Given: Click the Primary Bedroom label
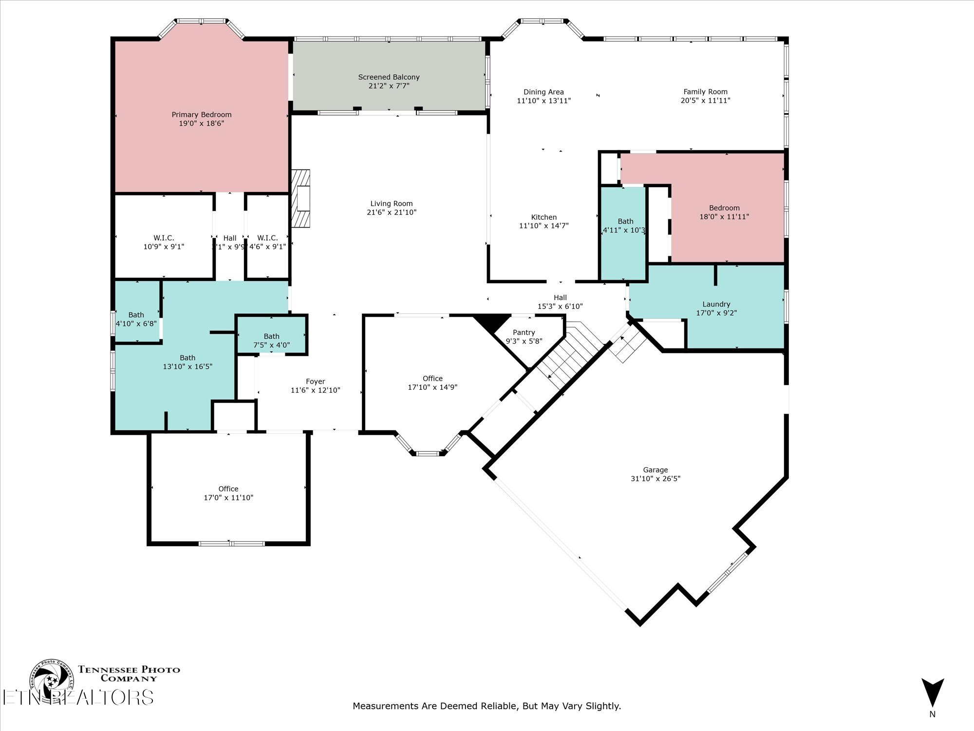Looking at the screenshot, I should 201,115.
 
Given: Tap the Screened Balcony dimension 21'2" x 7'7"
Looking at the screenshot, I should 389,86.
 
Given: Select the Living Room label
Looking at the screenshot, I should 391,204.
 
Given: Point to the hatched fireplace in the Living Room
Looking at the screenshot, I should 301,198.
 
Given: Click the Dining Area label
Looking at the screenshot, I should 543,92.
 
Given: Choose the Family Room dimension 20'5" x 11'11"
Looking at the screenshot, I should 705,100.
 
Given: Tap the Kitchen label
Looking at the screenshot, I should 543,217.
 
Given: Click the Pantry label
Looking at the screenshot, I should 524,332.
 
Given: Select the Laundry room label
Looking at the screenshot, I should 716,304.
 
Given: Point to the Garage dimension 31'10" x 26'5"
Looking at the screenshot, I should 655,479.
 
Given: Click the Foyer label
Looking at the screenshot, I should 315,382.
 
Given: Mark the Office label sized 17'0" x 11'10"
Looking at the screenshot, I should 228,489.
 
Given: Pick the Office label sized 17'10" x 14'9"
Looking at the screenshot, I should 432,379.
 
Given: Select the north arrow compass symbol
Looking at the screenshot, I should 932,692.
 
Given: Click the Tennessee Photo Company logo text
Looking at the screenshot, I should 129,673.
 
